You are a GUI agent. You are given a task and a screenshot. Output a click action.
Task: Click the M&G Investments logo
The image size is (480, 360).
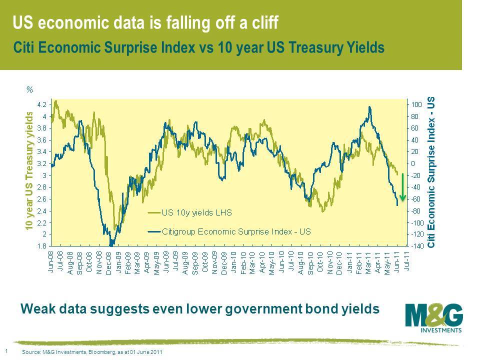coord(433,316)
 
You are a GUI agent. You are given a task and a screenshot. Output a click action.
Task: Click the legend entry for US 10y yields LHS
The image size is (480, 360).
coord(193,212)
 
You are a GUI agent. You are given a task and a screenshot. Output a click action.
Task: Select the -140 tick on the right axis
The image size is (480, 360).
coord(418,246)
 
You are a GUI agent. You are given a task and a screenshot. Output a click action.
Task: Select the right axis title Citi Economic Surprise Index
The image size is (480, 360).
coord(432,172)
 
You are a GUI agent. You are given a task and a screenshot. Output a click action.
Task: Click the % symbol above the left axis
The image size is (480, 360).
coord(29,90)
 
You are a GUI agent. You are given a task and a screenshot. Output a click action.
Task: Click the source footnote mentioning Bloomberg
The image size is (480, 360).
coord(93,352)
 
